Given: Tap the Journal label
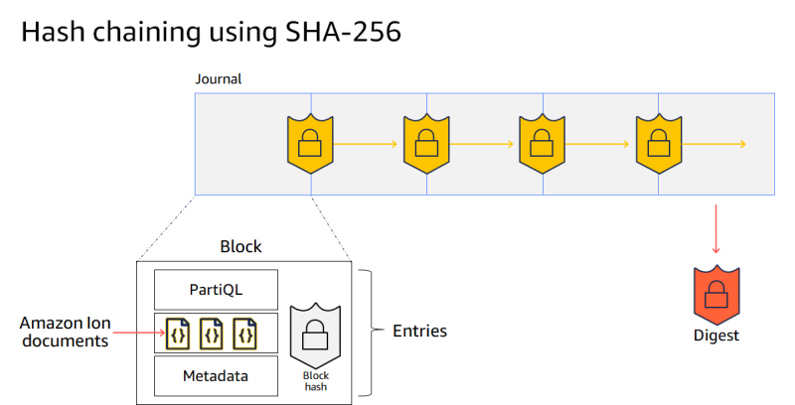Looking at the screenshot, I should (x=218, y=79).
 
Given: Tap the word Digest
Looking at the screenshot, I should (x=716, y=336).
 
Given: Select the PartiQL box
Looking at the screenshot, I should (x=216, y=289).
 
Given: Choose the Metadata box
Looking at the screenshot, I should (x=216, y=376).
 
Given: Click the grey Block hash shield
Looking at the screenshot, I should (x=315, y=335).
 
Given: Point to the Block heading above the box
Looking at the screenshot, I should (x=240, y=245).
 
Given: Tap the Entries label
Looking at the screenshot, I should (x=419, y=331).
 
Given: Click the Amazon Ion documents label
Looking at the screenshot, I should (x=62, y=332).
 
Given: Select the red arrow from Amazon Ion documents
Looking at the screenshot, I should (x=137, y=333).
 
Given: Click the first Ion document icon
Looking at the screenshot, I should (x=179, y=333).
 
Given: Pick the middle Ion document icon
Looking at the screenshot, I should (x=211, y=333).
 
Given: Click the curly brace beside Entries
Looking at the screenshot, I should (x=369, y=331).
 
